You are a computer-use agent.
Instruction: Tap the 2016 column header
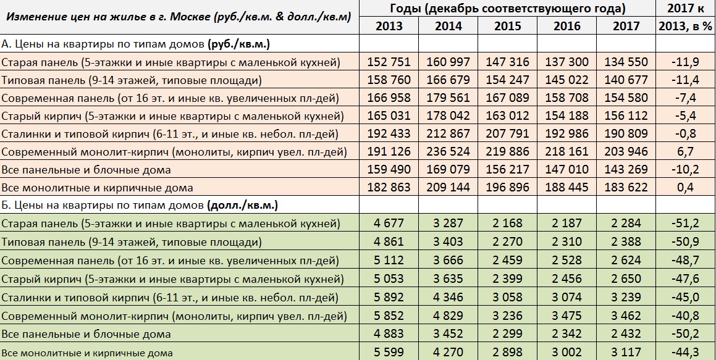click(x=566, y=26)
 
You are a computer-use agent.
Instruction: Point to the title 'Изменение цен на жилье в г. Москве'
click(x=179, y=17)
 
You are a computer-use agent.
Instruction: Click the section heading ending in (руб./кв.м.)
click(x=136, y=44)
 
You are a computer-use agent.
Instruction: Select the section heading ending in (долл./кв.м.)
click(x=140, y=205)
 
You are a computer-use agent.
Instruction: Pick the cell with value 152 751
click(x=389, y=62)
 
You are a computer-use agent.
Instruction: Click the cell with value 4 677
click(x=389, y=224)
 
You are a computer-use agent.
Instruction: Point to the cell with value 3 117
click(x=626, y=353)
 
